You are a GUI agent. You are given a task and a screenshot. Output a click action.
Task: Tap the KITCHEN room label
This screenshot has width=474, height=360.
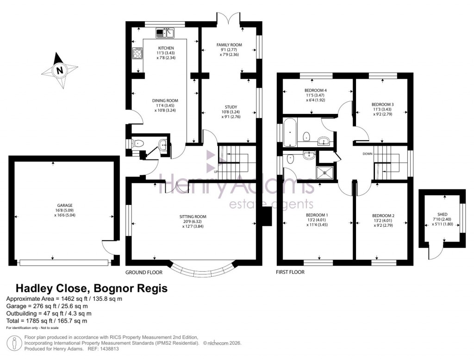pos(166,48)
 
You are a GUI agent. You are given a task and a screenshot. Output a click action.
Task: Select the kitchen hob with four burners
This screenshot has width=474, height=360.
pos(137,54)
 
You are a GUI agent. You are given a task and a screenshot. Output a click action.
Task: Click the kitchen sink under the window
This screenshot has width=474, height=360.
pos(165,33)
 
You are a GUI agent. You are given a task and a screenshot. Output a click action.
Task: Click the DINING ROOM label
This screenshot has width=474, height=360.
pos(165,100)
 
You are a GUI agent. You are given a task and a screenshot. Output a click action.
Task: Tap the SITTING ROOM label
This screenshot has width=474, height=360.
pos(193,217)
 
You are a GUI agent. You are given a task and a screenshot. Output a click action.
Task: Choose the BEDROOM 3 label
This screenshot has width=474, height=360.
pos(382,105)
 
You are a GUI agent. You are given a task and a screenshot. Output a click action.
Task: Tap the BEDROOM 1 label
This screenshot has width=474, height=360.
pos(317,215)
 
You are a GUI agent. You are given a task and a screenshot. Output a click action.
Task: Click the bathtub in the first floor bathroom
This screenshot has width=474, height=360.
pos(290,132)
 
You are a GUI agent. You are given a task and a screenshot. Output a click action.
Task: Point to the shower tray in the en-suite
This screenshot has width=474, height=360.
pos(326,172)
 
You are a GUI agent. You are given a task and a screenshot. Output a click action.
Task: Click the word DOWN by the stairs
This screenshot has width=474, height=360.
pos(368,154)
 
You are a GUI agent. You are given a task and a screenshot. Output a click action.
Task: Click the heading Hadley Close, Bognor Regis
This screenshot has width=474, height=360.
pos(92,288)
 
